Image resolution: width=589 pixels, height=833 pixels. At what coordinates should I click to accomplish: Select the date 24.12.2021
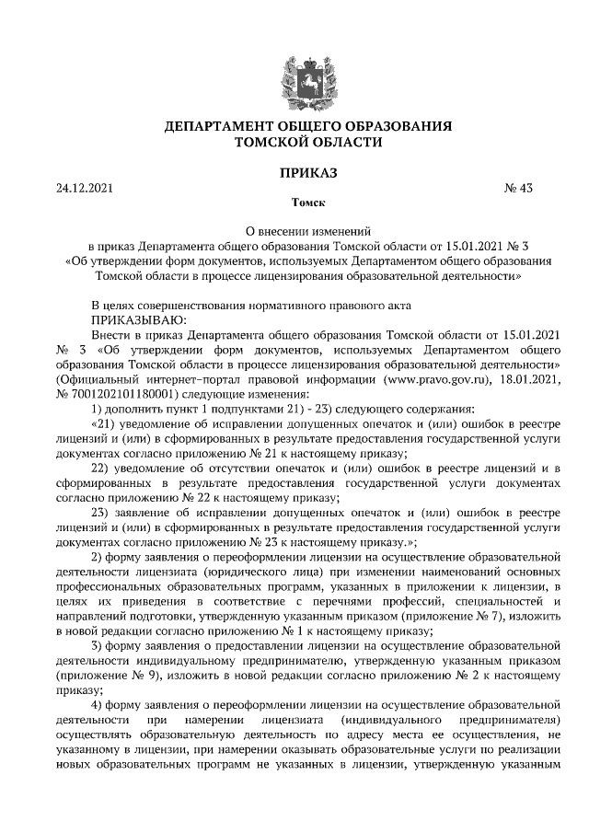click(84, 189)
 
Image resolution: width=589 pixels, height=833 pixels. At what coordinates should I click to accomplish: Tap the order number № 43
click(519, 189)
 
